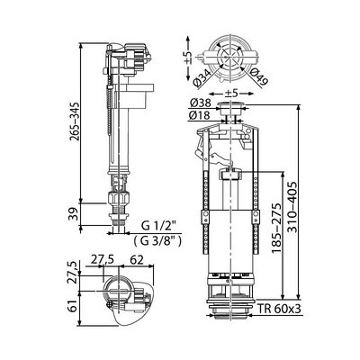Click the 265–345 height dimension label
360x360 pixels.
[x=74, y=121]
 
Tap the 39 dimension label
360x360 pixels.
[x=74, y=214]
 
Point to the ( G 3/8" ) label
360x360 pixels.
[x=157, y=240]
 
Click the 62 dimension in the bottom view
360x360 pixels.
[x=137, y=259]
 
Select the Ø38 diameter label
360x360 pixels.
[x=200, y=103]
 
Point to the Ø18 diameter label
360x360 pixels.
[x=200, y=115]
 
